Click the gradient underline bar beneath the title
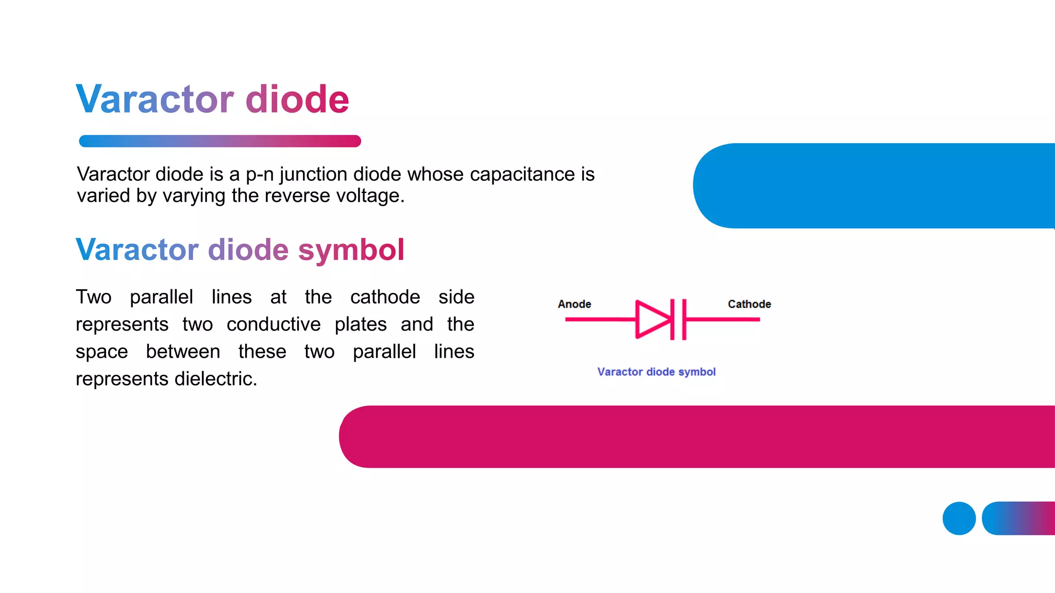point(220,141)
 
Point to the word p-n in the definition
point(259,175)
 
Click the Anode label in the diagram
point(574,304)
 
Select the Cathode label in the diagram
point(749,304)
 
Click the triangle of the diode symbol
point(651,319)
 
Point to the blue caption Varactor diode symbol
point(656,372)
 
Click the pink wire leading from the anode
point(600,320)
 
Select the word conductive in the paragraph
point(274,324)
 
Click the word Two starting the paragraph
point(94,297)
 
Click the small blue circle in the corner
point(959,518)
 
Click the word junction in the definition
point(314,175)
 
